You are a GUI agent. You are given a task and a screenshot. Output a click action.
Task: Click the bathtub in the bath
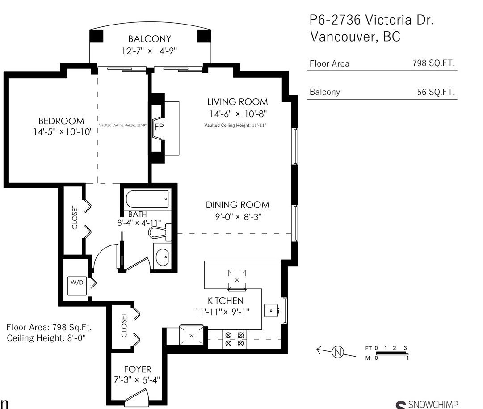click(147, 199)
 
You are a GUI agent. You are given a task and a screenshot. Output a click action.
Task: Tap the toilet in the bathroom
click(160, 232)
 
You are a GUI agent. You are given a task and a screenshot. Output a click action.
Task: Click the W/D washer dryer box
click(77, 286)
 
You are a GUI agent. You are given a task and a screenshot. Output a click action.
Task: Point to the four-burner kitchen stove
click(235, 339)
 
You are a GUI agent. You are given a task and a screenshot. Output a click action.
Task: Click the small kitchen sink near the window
click(271, 310)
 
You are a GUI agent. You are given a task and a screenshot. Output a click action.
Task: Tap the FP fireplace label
click(159, 126)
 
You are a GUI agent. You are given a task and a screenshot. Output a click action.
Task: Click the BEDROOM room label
click(61, 121)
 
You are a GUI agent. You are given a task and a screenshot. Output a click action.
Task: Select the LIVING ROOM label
click(238, 102)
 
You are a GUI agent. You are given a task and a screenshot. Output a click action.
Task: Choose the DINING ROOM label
click(238, 205)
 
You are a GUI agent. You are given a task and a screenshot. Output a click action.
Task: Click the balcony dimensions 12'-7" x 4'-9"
click(149, 51)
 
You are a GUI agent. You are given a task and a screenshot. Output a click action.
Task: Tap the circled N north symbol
click(338, 352)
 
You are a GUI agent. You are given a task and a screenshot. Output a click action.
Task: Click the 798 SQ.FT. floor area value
click(433, 63)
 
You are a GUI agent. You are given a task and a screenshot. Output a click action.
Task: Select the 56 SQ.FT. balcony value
click(436, 92)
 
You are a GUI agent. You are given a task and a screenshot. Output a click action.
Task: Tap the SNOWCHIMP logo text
click(433, 404)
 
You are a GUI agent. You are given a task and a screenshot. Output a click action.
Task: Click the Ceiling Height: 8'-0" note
click(46, 338)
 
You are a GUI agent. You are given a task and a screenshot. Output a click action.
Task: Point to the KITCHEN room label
click(226, 300)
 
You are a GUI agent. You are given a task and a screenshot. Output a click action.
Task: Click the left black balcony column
click(97, 36)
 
